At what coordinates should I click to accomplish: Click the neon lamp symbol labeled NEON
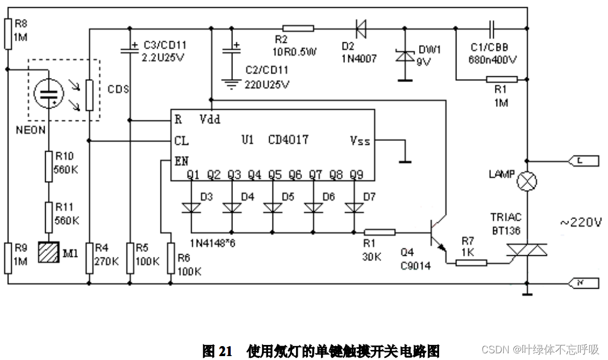point(48,93)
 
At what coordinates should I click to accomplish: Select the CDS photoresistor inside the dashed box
point(89,95)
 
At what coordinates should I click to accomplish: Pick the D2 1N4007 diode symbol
point(359,27)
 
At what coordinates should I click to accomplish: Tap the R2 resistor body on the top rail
point(298,27)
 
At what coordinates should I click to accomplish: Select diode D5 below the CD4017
point(273,208)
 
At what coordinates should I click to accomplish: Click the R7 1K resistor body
point(471,262)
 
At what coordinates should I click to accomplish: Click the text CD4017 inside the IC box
point(288,139)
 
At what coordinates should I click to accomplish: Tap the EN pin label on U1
point(181,161)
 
